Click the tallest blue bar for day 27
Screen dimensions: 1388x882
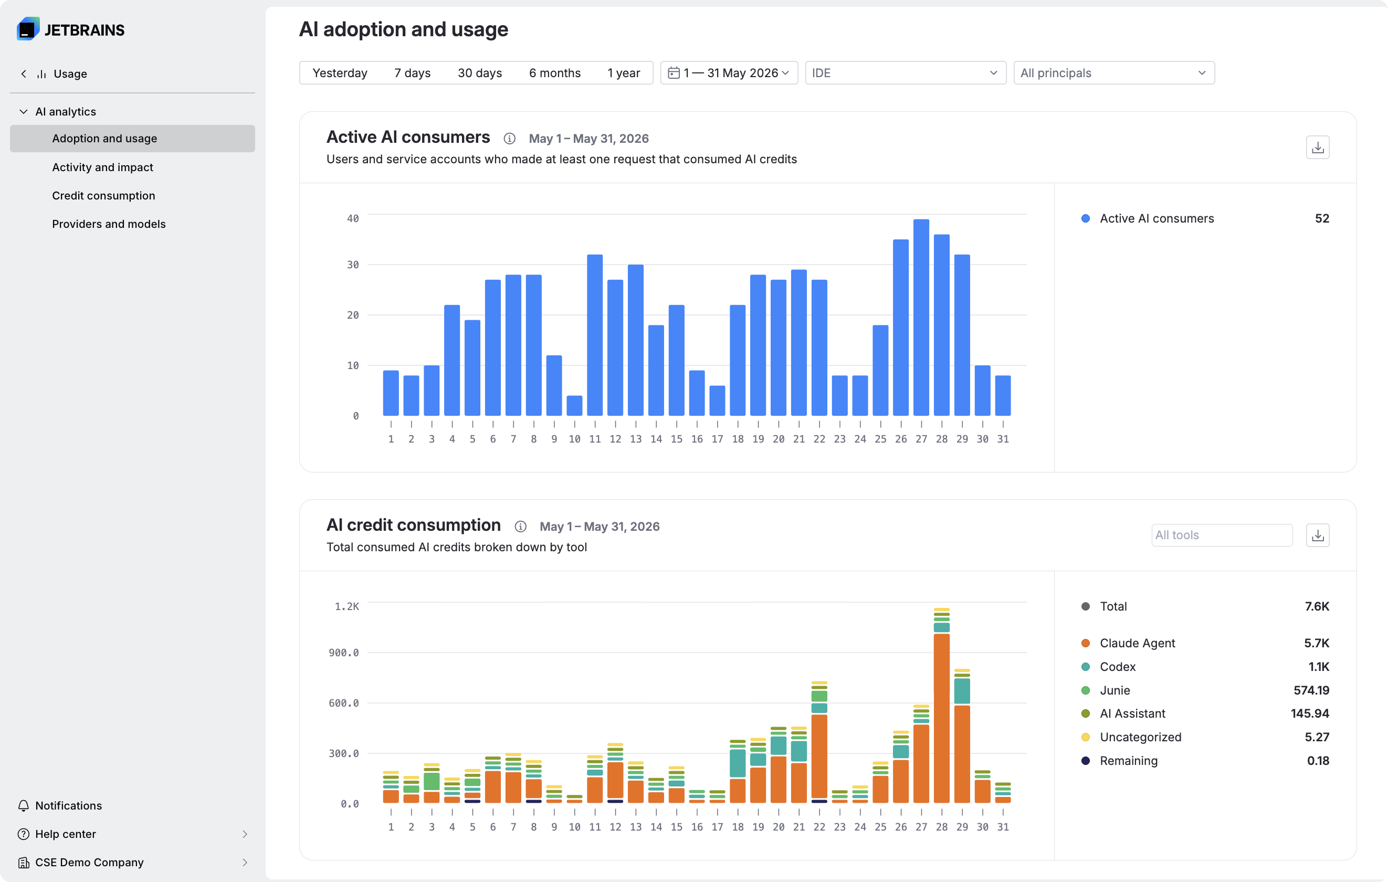point(921,317)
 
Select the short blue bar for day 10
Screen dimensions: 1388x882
point(574,405)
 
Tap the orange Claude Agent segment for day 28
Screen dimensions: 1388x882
point(941,718)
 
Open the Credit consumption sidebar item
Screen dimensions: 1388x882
point(104,195)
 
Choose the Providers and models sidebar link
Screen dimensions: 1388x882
point(109,224)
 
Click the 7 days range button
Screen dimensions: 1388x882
point(412,72)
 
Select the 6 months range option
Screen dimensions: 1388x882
point(554,72)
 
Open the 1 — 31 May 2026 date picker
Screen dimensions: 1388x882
point(729,72)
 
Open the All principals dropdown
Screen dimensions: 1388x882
point(1113,72)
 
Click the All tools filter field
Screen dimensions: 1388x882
point(1222,535)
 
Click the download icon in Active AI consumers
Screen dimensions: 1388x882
point(1317,148)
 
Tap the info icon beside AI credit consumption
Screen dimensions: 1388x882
point(521,527)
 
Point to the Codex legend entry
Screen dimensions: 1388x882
point(1118,666)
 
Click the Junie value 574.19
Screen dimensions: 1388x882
point(1311,690)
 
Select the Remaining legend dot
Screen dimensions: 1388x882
point(1086,760)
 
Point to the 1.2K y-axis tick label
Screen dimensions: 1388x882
point(347,606)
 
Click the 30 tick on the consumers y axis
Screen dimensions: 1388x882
point(353,265)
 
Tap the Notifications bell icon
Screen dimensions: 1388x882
point(24,805)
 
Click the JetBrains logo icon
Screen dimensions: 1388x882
point(28,29)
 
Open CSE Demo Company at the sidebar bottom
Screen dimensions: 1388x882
point(89,862)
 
